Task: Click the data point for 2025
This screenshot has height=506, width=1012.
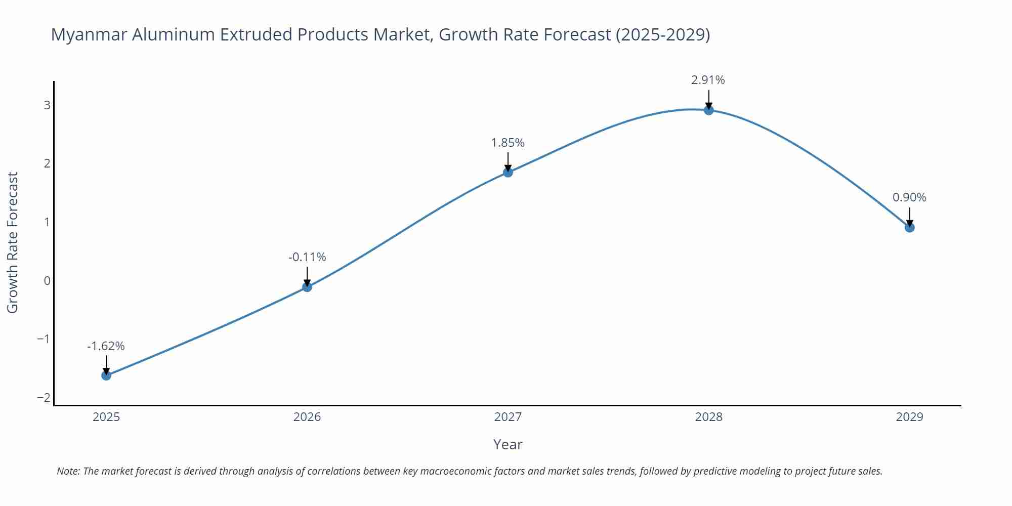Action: point(106,375)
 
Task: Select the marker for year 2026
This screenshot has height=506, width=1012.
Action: point(307,287)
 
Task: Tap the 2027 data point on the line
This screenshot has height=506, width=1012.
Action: point(508,172)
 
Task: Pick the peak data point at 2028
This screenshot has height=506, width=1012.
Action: point(709,110)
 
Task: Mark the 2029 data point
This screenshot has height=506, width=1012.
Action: point(910,228)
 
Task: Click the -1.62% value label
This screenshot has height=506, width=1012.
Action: point(106,346)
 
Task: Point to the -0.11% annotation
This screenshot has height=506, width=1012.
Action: point(307,257)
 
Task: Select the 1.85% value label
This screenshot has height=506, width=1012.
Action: point(508,143)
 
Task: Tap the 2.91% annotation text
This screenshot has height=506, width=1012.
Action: point(708,80)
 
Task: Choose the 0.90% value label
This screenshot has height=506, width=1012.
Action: point(909,197)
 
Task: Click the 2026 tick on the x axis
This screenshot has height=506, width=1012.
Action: point(307,417)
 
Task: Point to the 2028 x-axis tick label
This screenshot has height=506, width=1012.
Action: point(709,417)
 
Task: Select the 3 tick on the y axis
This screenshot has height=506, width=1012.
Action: point(47,105)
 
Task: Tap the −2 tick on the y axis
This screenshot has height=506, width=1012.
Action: point(44,398)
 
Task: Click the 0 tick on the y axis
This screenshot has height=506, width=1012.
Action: point(47,281)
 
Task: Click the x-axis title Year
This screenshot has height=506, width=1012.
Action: point(508,444)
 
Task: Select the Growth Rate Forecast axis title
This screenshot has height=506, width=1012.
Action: point(13,242)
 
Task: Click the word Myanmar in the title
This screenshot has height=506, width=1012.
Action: point(89,34)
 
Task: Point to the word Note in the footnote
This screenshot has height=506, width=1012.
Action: point(68,471)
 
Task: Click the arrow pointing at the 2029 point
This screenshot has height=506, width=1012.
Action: point(910,216)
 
